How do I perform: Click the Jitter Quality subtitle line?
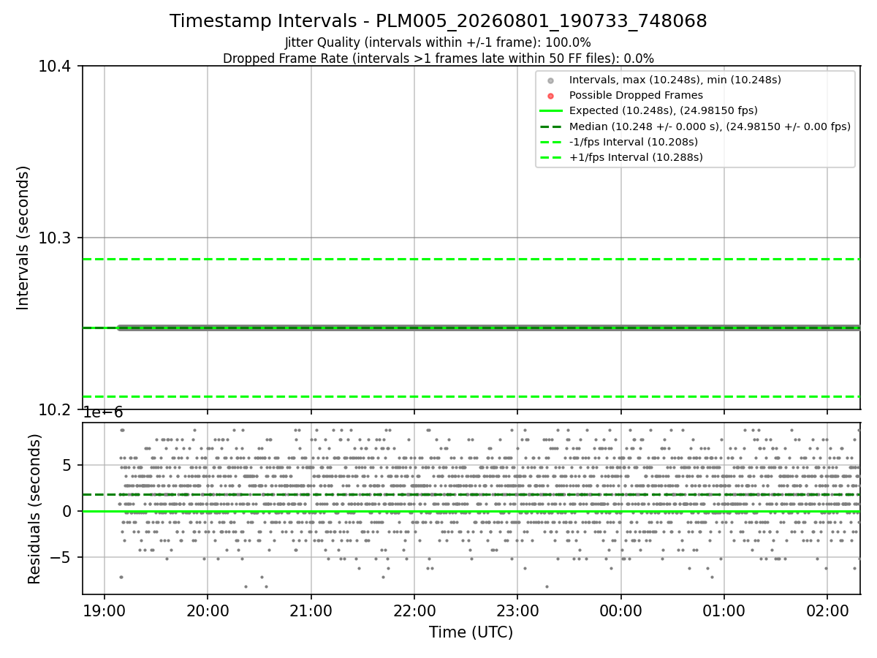pyautogui.click(x=438, y=42)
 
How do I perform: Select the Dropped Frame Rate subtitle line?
pyautogui.click(x=438, y=58)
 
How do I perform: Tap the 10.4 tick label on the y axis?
pyautogui.click(x=54, y=67)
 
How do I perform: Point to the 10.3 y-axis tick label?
pyautogui.click(x=54, y=238)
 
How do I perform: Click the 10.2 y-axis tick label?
pyautogui.click(x=54, y=410)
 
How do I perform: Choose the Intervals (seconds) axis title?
pyautogui.click(x=23, y=238)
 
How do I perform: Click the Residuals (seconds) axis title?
pyautogui.click(x=34, y=509)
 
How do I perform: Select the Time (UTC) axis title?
pyautogui.click(x=471, y=632)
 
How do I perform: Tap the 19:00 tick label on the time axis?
pyautogui.click(x=105, y=611)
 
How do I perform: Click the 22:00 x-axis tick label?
pyautogui.click(x=414, y=611)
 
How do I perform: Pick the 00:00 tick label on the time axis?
pyautogui.click(x=621, y=611)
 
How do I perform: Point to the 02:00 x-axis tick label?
pyautogui.click(x=827, y=611)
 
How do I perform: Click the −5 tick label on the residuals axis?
pyautogui.click(x=61, y=557)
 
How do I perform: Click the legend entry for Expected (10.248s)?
pyautogui.click(x=648, y=110)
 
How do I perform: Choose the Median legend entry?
pyautogui.click(x=695, y=126)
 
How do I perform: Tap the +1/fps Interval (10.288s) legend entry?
pyautogui.click(x=621, y=157)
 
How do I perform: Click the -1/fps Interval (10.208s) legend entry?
pyautogui.click(x=619, y=143)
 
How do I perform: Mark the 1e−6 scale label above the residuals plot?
pyautogui.click(x=103, y=412)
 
